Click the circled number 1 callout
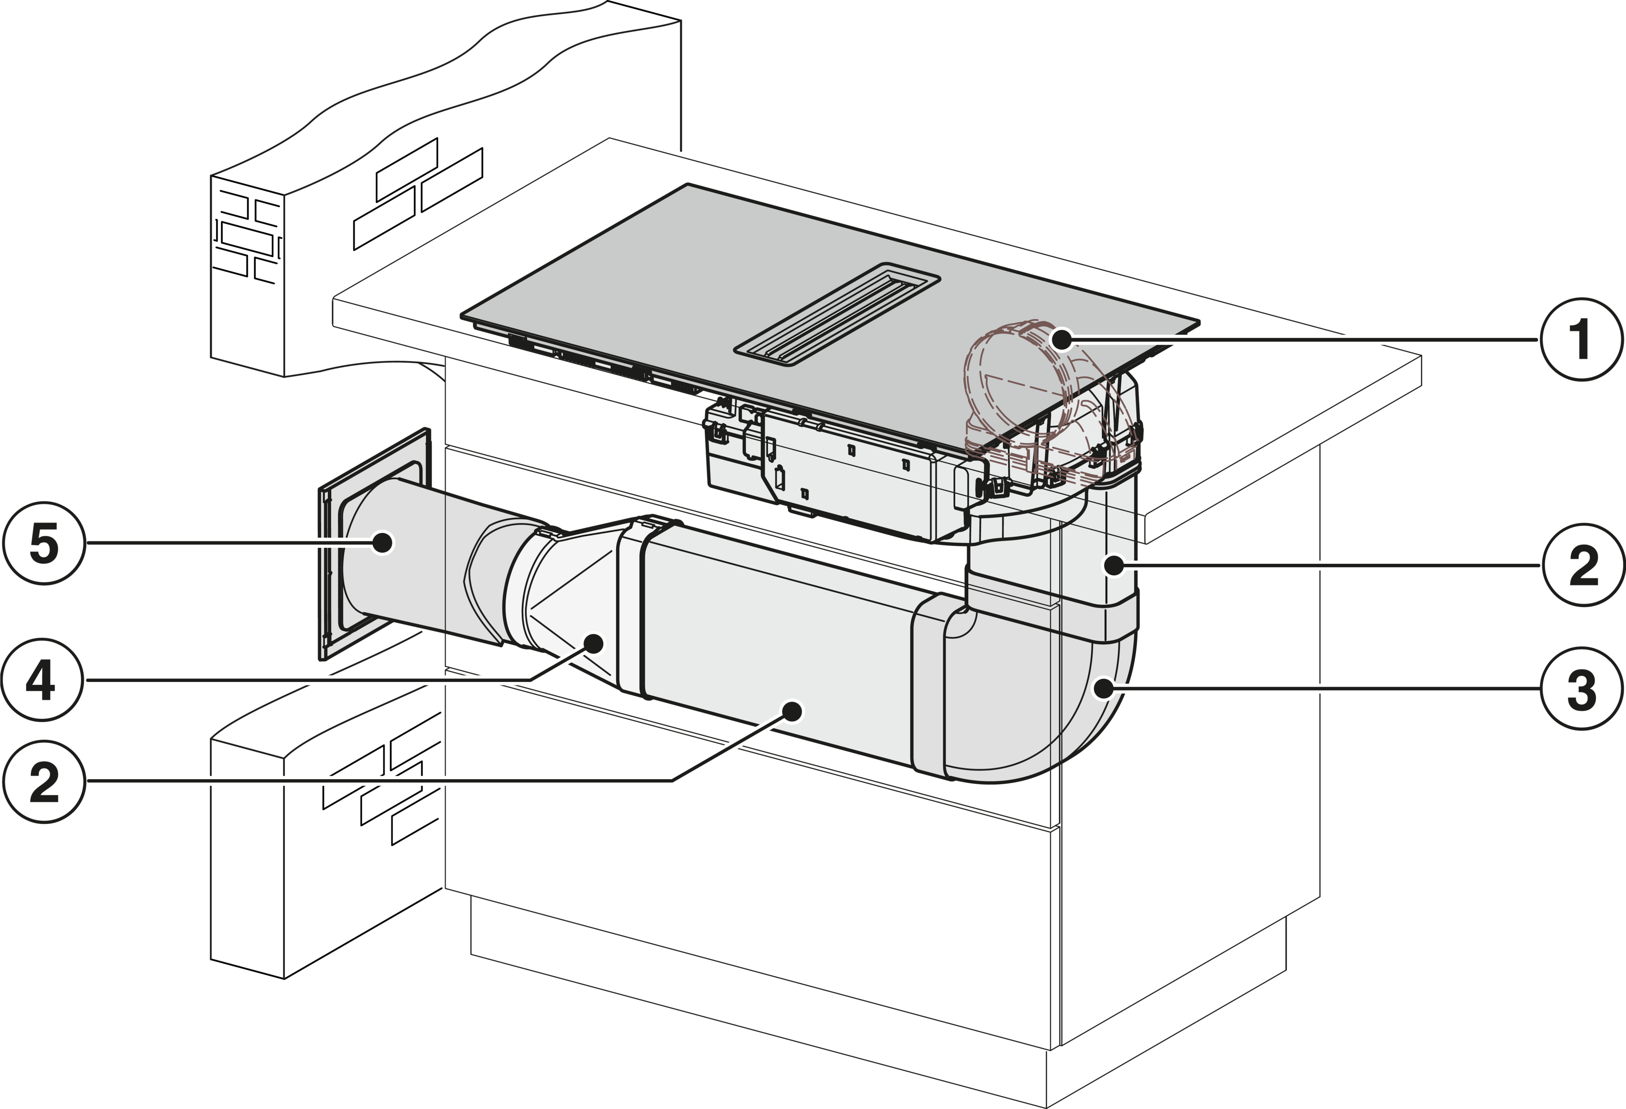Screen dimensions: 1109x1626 point(1579,339)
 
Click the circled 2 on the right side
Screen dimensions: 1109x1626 point(1579,565)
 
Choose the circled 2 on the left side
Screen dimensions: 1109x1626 point(43,781)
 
